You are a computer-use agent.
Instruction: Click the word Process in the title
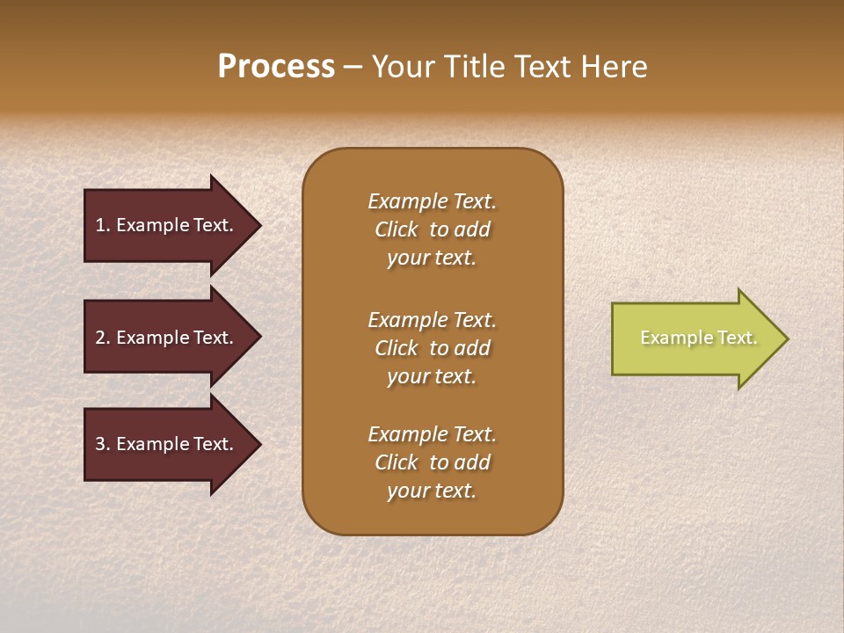(x=276, y=67)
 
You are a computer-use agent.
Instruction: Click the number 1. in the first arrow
(x=103, y=225)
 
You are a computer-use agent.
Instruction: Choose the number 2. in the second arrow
(x=103, y=338)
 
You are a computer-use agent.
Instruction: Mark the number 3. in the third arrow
(x=103, y=444)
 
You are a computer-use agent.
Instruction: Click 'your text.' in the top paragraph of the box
(x=432, y=258)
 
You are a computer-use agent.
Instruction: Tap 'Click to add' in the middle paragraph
(x=432, y=348)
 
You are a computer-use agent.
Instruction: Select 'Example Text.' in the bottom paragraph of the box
(x=432, y=434)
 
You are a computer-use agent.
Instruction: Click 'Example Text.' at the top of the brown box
(x=432, y=201)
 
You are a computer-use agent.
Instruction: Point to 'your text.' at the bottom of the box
(x=432, y=491)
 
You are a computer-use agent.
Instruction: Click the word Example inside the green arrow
(x=667, y=338)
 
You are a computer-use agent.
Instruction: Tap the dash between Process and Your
(x=353, y=68)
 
